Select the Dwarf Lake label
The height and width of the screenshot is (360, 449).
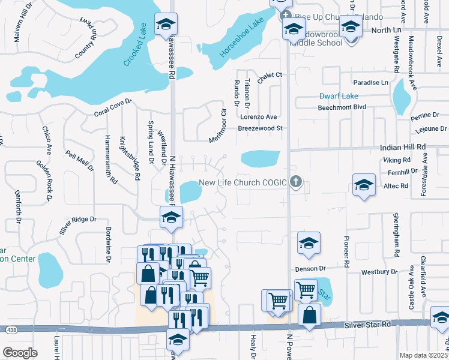[338, 96]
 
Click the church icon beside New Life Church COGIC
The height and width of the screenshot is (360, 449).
[295, 182]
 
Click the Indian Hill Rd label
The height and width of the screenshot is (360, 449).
[403, 146]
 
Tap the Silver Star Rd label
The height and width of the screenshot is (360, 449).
[367, 325]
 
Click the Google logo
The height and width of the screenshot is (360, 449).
[20, 352]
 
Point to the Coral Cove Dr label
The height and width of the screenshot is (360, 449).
[112, 109]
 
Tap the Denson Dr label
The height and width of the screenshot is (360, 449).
[310, 268]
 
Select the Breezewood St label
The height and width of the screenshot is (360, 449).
[260, 128]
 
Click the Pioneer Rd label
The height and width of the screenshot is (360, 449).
[346, 250]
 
